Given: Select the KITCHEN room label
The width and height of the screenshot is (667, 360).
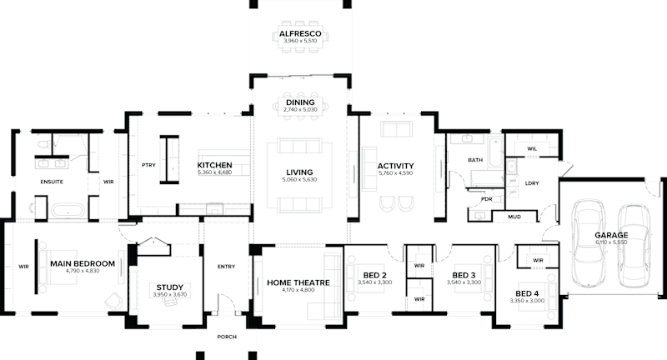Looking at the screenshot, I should click(214, 166).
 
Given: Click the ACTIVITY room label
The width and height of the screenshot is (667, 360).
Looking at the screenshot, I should click(395, 166).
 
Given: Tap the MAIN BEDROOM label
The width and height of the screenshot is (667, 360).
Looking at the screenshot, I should click(82, 263).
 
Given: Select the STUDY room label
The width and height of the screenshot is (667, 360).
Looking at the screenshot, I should click(169, 286).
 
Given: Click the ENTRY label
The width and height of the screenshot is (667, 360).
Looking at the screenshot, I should click(226, 267).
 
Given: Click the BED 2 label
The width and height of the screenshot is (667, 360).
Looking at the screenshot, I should click(374, 275).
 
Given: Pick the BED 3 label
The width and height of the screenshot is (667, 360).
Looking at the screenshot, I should click(464, 275).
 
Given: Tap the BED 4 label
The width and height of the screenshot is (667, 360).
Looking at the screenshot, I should click(527, 294).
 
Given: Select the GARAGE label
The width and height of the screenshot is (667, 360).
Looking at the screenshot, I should click(611, 236).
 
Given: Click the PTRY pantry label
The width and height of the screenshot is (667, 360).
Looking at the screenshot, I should click(149, 165).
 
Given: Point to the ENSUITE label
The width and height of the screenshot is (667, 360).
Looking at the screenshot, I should click(53, 181).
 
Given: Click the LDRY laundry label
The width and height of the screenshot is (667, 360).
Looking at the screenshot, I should click(531, 184).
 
